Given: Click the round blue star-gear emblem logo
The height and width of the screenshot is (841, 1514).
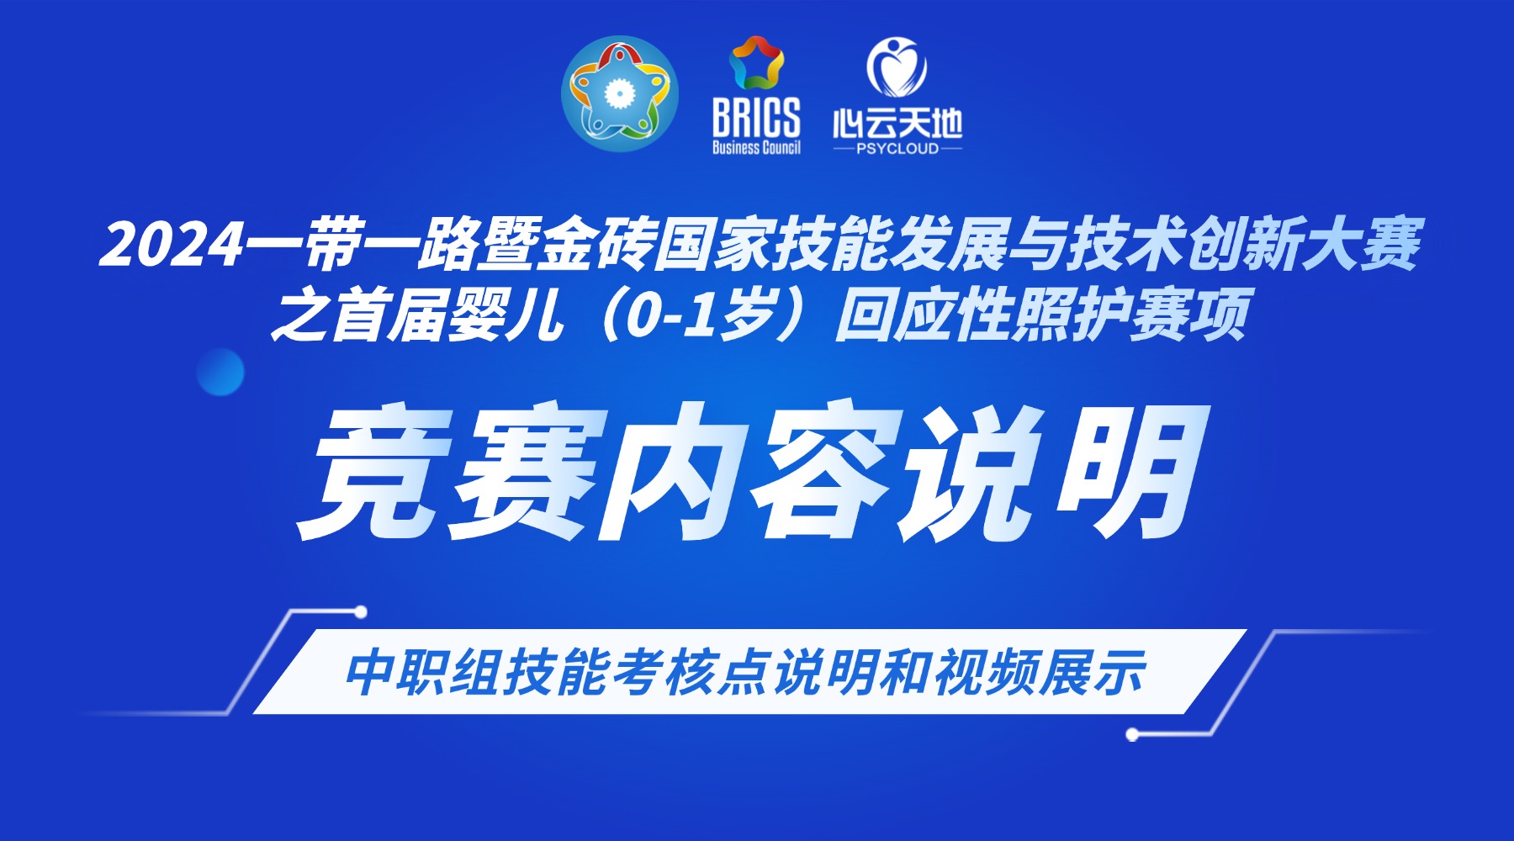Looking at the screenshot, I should (620, 93).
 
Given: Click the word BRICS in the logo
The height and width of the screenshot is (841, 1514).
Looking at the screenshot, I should (756, 118).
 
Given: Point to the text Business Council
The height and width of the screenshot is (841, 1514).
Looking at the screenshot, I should (756, 148).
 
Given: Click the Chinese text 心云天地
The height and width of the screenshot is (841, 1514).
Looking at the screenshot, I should (897, 124).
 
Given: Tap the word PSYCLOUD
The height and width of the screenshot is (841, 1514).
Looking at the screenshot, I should (897, 149).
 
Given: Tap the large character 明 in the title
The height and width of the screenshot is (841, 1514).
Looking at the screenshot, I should (1131, 471).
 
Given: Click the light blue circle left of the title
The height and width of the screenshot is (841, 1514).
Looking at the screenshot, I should (220, 372).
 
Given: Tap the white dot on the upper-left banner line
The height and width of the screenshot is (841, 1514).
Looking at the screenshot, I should (361, 611).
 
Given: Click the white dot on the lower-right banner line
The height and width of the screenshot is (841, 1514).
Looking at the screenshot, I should (1132, 735).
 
